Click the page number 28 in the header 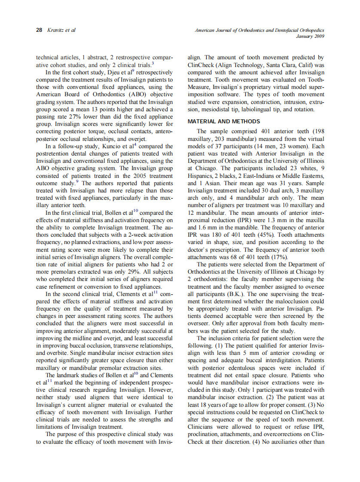coord(39,31)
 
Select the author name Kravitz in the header coord(55,31)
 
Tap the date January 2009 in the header coord(310,37)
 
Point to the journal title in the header coord(259,31)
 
